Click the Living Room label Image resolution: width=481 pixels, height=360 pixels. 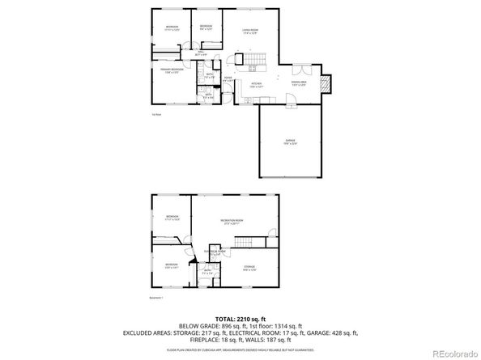click(249, 32)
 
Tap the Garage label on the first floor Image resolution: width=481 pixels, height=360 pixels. click(289, 142)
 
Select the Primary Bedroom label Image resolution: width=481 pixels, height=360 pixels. click(172, 70)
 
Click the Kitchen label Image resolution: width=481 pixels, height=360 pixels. click(257, 84)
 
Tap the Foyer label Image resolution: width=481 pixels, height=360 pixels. click(229, 79)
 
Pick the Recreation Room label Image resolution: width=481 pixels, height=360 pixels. click(233, 221)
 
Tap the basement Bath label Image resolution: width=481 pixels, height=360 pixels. click(207, 271)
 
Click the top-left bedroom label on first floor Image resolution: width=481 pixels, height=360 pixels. click(172, 28)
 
